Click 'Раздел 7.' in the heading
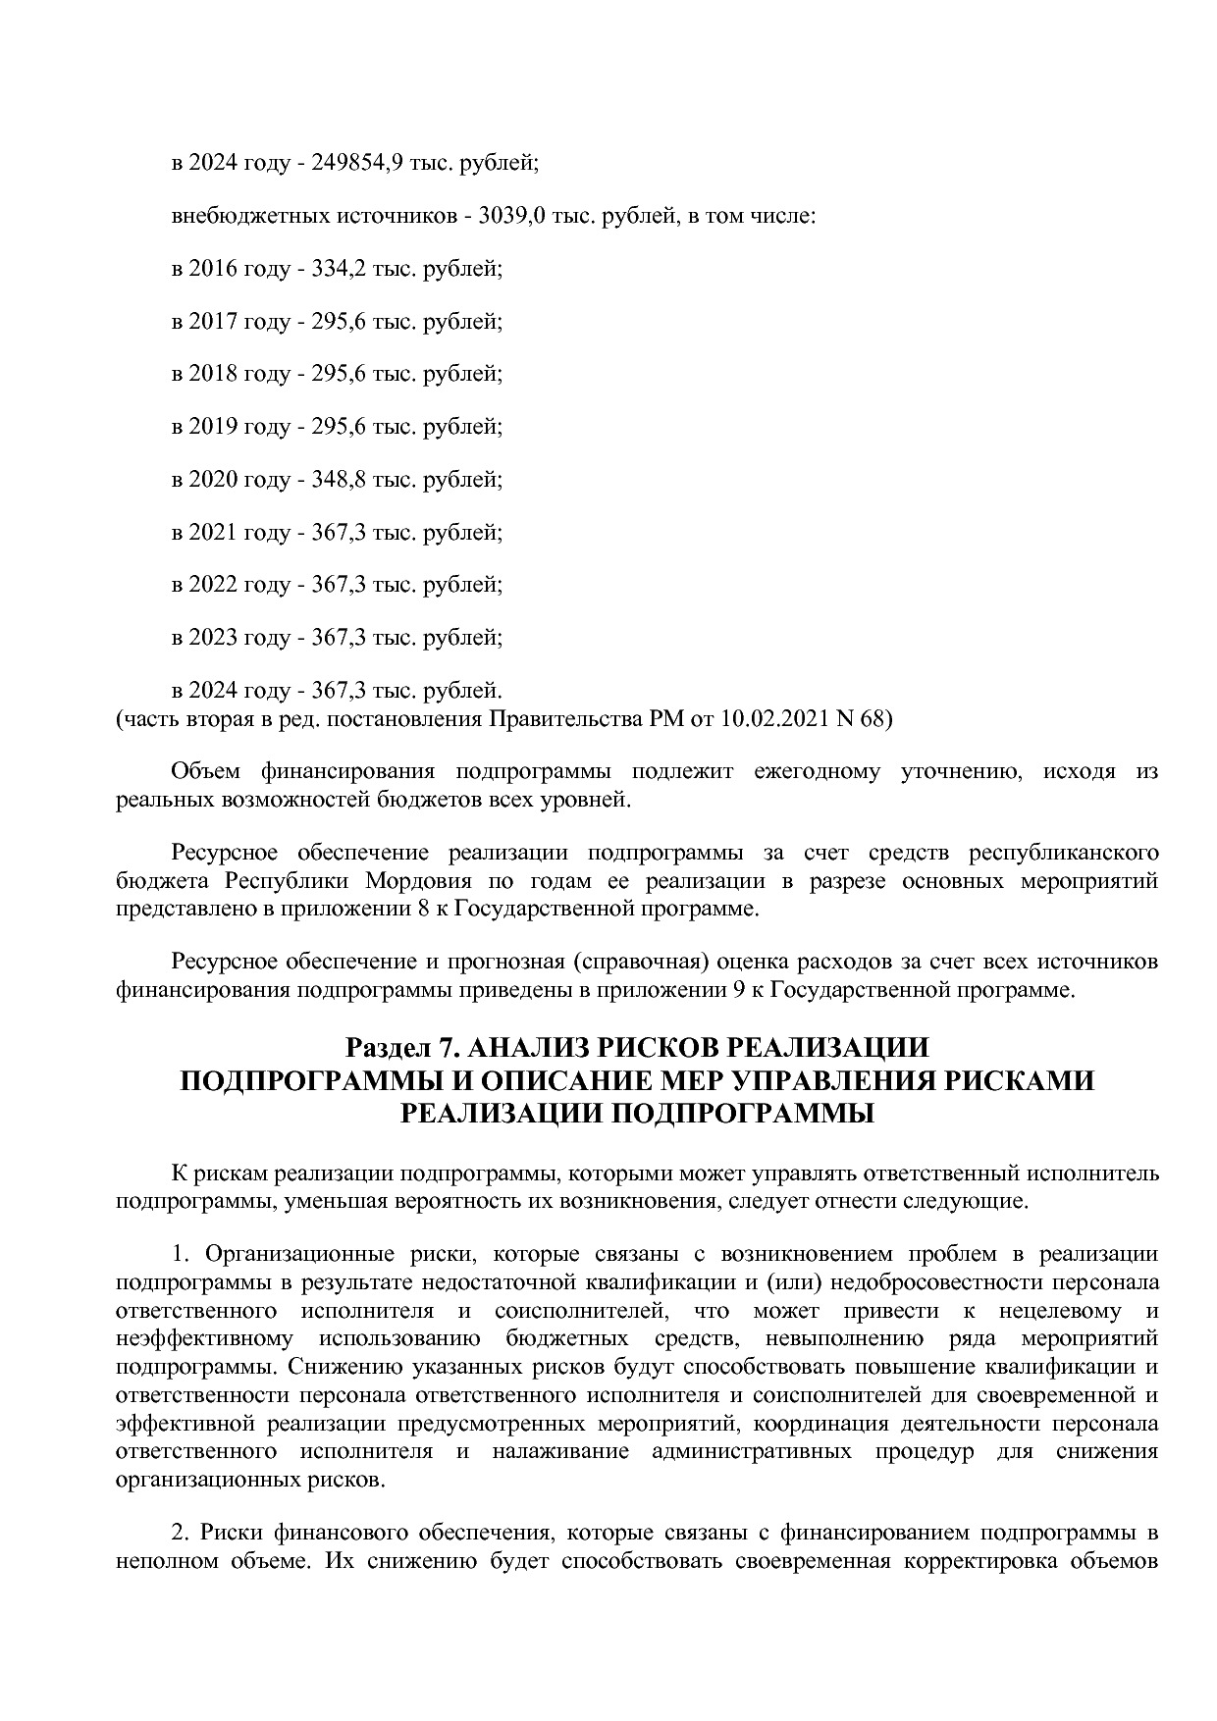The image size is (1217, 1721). (397, 1048)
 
